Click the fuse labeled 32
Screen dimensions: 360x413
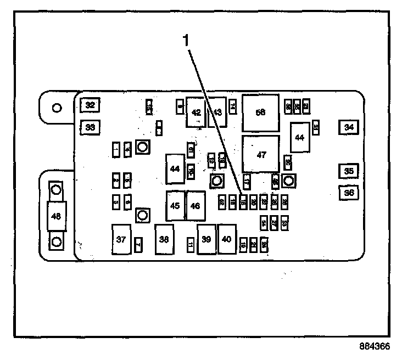coord(90,105)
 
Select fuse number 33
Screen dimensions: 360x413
coord(90,127)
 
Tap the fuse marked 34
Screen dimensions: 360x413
coord(348,127)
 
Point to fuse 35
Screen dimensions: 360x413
coord(348,171)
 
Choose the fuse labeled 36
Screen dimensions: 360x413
coord(348,193)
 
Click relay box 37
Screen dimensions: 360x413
coord(121,239)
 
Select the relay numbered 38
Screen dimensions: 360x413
coord(164,239)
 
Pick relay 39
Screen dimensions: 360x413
coord(206,239)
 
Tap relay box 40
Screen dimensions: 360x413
coord(226,239)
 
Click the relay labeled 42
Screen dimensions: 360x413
coord(196,112)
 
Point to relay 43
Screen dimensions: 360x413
coord(217,112)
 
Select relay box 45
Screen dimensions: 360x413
coord(175,206)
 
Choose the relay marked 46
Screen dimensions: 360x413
coord(196,206)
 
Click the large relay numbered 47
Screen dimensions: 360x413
coord(261,155)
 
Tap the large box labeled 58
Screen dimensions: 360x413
coord(261,112)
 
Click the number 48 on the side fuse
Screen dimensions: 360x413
coord(56,216)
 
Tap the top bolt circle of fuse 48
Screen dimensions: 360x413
coord(56,190)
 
